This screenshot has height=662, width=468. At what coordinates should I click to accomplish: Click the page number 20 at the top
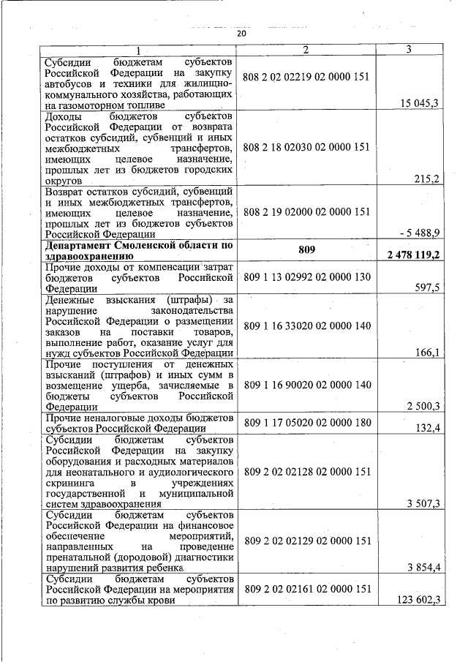click(x=242, y=34)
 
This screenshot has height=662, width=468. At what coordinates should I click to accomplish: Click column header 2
click(x=306, y=49)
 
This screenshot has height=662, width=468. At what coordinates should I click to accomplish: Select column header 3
click(x=409, y=49)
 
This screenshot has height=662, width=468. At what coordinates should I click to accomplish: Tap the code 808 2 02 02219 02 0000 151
click(x=306, y=77)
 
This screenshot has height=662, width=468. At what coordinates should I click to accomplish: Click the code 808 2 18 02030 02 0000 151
click(x=306, y=147)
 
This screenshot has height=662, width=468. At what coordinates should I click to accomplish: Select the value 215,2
click(x=426, y=178)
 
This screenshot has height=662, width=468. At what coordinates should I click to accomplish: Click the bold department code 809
click(x=306, y=250)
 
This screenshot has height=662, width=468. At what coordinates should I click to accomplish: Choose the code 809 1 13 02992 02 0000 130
click(x=307, y=277)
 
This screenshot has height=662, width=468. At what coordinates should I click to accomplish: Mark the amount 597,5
click(x=426, y=288)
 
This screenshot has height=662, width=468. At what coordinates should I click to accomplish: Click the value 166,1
click(x=426, y=353)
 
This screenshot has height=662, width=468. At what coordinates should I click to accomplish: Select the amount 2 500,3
click(x=423, y=406)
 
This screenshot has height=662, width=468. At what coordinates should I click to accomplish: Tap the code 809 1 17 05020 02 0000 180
click(x=307, y=422)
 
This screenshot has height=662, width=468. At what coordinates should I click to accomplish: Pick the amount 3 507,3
click(x=423, y=503)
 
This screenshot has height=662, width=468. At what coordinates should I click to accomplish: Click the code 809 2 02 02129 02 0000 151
click(x=307, y=541)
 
